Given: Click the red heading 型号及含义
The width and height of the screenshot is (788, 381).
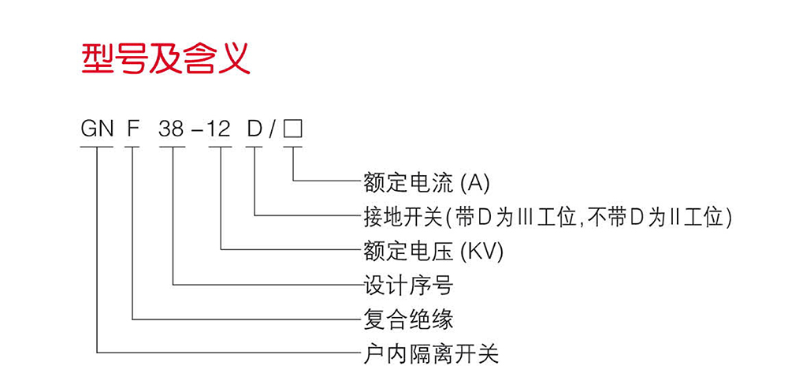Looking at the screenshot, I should [x=166, y=58].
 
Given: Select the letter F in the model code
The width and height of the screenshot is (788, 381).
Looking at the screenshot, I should [x=132, y=129].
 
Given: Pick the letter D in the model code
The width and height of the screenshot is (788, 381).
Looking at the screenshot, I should [x=254, y=129].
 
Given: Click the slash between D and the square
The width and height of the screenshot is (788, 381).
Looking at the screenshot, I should [x=273, y=129].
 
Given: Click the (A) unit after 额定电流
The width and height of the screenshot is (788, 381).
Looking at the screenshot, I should [x=475, y=183].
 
